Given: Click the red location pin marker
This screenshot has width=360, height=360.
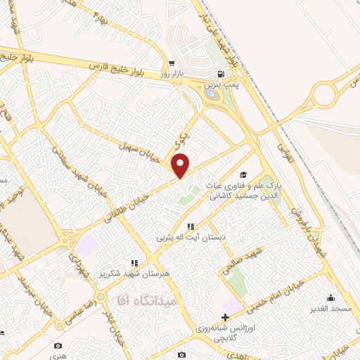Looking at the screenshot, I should point(181,165).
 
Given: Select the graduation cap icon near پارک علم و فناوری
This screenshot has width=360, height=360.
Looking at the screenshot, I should point(243,175).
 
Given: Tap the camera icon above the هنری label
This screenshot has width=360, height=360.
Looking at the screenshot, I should point(58,346).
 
